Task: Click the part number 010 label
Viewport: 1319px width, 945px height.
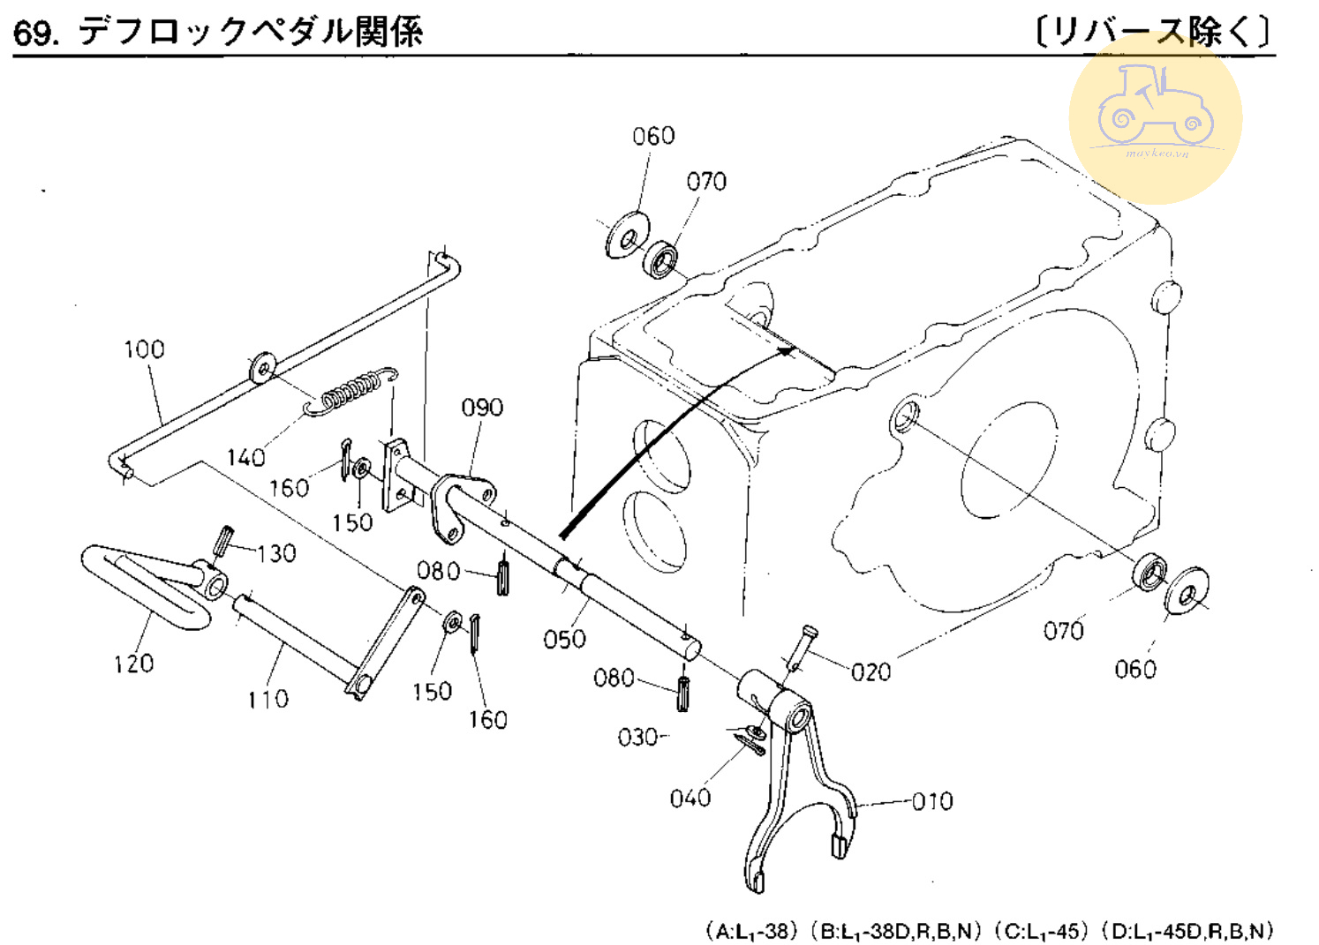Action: (x=931, y=801)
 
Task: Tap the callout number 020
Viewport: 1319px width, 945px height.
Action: (x=871, y=672)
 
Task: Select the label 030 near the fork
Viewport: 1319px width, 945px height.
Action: (x=637, y=737)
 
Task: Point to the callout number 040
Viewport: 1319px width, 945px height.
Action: (x=690, y=799)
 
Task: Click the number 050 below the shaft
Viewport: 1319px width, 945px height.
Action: (x=564, y=639)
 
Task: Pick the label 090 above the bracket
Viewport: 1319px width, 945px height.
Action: (x=482, y=408)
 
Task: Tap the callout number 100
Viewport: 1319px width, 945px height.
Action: (x=144, y=349)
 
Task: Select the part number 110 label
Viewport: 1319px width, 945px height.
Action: (x=268, y=700)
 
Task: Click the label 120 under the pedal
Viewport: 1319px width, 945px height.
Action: (x=133, y=664)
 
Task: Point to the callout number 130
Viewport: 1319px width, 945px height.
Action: (x=276, y=553)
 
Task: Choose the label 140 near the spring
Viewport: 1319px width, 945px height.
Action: (x=245, y=457)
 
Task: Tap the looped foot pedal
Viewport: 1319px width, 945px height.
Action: (x=141, y=582)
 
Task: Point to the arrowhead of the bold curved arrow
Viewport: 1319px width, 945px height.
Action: (x=786, y=351)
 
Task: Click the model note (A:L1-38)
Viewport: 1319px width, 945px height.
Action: (x=751, y=931)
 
